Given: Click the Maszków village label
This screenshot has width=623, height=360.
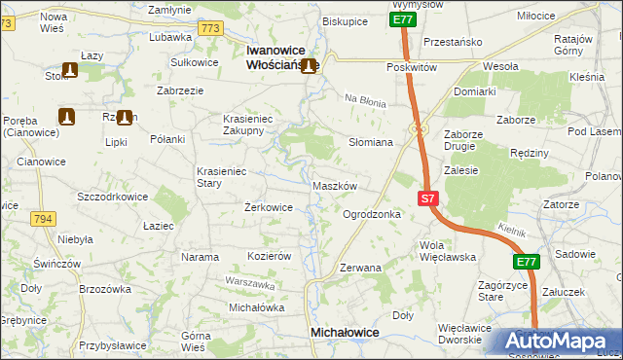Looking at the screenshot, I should coord(337,185).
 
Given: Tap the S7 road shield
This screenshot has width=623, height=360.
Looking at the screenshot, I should coord(429,198).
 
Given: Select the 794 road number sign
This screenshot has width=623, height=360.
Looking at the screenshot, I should coord(42,218).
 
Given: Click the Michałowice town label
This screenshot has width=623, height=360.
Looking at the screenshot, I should coord(345,332).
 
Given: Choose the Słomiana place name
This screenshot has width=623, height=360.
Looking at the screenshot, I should coord(370,142).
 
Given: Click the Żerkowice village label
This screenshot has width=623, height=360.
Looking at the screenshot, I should coord(268,207).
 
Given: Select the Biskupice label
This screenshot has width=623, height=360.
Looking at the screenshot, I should coord(345,20).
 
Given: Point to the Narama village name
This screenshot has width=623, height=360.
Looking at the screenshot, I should coord(200,257).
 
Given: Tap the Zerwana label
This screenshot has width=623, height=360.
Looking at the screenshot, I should coord(360,267).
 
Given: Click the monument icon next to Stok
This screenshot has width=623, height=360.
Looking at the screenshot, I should coord(70,70).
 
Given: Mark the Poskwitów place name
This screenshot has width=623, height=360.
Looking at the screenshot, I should coord(410,67).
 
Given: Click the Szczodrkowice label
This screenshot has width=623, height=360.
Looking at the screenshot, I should coord(112,196).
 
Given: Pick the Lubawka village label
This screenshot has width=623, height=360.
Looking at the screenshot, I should coord(170,38).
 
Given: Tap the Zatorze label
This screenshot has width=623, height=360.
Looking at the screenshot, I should coord(562,204).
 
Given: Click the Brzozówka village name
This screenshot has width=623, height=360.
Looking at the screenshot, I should coord(104,289).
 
